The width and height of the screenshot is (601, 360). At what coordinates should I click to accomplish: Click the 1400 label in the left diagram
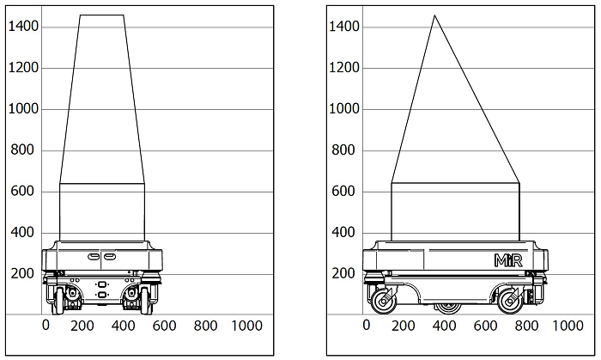[x=23, y=26]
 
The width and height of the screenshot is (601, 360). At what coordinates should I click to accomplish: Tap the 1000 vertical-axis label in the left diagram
[x=23, y=108]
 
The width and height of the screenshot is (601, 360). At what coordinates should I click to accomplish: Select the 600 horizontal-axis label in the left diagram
[x=164, y=326]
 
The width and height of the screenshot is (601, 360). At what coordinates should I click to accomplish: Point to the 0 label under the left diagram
[x=46, y=325]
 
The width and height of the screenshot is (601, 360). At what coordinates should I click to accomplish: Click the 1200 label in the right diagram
[x=344, y=68]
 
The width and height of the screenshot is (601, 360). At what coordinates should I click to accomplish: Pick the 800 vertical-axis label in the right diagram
[x=343, y=149]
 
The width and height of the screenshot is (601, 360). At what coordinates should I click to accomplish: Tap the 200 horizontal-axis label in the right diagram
[x=404, y=326]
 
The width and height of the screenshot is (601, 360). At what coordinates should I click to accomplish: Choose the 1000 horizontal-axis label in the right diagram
[x=568, y=326]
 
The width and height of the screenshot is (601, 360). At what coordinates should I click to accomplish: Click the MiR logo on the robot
[x=508, y=260]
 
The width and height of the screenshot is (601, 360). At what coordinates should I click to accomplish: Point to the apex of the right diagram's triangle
[x=434, y=15]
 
